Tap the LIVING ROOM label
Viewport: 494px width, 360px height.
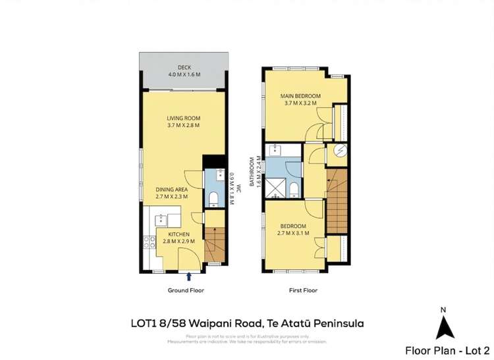[183, 118]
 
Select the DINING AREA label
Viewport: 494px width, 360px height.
[172, 190]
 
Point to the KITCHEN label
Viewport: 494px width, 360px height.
[178, 234]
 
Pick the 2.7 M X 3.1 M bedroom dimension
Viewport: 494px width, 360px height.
[293, 233]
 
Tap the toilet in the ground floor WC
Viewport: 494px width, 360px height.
[213, 198]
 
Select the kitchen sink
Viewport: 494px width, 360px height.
[159, 218]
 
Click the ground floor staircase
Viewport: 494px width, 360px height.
[215, 245]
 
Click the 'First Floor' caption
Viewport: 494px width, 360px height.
[303, 290]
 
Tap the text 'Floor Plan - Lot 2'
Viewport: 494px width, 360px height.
[447, 350]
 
